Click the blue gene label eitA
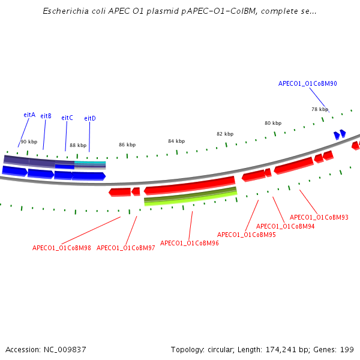pos(29,115)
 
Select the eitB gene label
pos(46,116)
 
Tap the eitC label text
pos(67,118)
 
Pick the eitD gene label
pos(90,118)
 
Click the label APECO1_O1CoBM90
pos(307,84)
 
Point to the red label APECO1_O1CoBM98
pos(62,248)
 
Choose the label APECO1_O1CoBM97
pos(126,248)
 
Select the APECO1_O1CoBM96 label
pos(190,243)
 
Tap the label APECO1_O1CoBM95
pos(247,235)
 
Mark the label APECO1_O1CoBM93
pos(319,217)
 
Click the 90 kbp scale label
pos(29,142)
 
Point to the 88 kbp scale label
pos(78,145)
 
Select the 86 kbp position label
pos(127,145)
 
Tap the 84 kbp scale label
pos(176,141)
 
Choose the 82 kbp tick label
pos(225,134)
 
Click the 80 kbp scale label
pos(273,123)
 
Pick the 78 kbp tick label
pos(320,109)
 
